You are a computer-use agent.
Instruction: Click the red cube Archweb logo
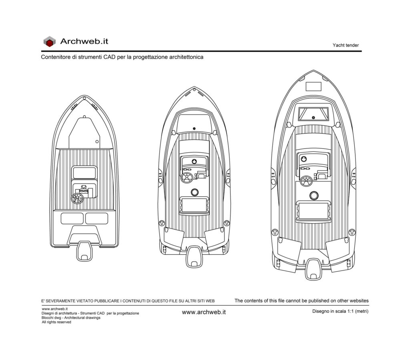point(49,42)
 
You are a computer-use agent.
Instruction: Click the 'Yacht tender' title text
point(346,45)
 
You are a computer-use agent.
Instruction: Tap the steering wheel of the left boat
point(77,198)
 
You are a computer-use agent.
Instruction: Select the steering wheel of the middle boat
point(187,178)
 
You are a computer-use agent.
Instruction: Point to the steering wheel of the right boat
point(306,181)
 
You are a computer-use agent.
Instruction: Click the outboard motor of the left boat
point(84,251)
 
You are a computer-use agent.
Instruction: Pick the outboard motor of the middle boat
point(194,256)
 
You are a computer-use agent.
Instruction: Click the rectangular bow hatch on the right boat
point(314,86)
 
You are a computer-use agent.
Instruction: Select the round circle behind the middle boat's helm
point(195,192)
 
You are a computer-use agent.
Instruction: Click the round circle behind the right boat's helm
point(314,196)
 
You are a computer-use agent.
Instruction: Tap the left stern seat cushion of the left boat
point(72,218)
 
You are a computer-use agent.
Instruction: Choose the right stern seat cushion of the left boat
point(96,218)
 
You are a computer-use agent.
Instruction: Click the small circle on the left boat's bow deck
point(97,142)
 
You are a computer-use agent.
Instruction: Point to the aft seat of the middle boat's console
point(194,205)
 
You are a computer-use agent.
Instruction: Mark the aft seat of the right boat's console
point(314,211)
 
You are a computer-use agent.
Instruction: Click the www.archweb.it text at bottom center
point(204,312)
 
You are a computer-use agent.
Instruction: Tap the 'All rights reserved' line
point(56,322)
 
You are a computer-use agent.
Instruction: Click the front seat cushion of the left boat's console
point(84,173)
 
